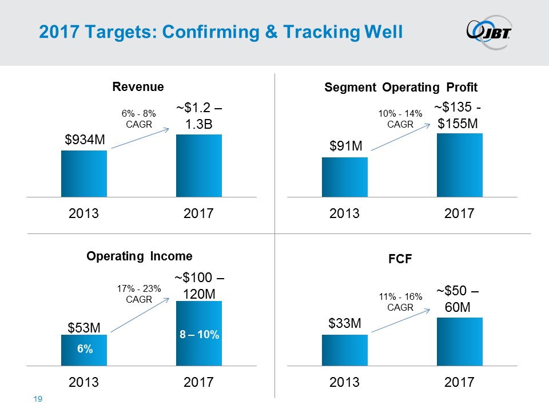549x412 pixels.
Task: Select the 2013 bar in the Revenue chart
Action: point(84,173)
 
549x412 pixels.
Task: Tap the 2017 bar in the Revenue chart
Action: point(198,165)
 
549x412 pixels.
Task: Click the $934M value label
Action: point(84,140)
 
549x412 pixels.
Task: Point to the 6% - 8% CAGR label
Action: point(138,119)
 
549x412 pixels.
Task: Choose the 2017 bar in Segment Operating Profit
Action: point(459,165)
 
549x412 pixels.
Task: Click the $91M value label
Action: point(345,146)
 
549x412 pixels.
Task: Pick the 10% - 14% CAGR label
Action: point(400,119)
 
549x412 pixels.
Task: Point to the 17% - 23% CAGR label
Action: point(138,293)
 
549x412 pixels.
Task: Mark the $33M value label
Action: point(345,323)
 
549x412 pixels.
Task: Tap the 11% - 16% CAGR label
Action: point(400,302)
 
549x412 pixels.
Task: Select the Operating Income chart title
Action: point(140,256)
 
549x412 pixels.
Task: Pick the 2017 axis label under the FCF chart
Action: point(459,382)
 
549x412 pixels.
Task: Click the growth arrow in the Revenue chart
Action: point(140,138)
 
